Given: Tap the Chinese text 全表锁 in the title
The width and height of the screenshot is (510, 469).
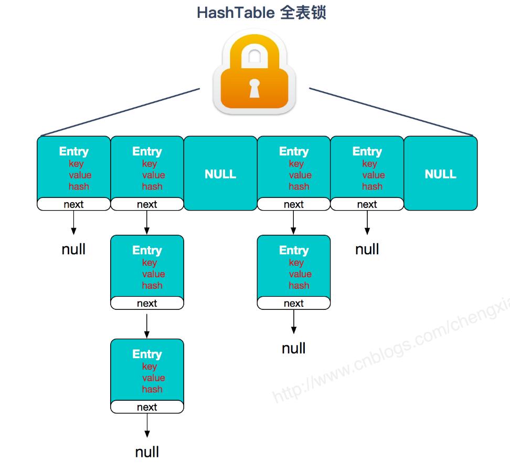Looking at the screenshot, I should click(x=303, y=12).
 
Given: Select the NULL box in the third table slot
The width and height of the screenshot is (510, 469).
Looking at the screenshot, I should click(x=220, y=174).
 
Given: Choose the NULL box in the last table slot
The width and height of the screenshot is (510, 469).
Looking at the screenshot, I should click(x=440, y=174).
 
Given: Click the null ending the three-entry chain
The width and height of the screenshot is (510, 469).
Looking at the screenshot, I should click(x=147, y=452).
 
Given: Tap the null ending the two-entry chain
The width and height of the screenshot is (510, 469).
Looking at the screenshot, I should click(x=293, y=348).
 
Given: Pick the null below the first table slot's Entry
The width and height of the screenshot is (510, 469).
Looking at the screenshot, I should click(x=73, y=249).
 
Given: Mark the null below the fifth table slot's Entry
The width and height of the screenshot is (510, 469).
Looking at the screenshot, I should click(x=367, y=249).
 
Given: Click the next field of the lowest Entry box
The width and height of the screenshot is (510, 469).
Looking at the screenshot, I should click(x=147, y=407).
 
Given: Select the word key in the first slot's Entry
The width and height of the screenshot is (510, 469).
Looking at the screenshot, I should click(x=76, y=163).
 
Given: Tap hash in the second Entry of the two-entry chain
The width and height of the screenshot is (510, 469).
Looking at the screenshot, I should click(x=299, y=285).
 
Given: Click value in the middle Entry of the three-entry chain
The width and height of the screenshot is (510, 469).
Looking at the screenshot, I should click(x=153, y=274).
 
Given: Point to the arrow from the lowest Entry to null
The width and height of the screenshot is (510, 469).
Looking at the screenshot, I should click(x=147, y=426).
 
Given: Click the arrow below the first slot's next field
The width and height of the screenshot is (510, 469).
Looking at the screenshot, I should click(x=73, y=223).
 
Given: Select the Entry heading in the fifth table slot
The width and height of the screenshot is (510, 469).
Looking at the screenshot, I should click(x=367, y=151).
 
